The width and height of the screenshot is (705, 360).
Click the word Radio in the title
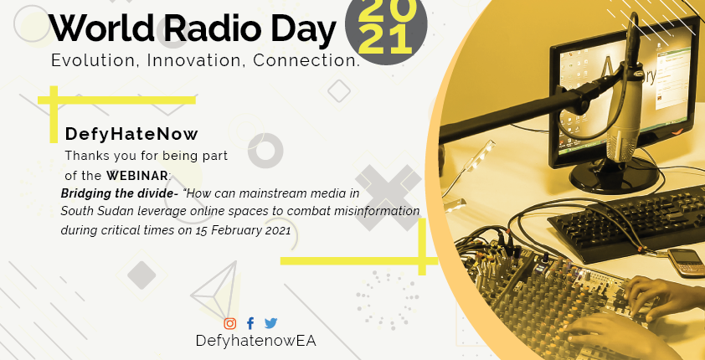coord(212,28)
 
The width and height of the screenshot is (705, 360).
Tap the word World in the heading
coord(101,28)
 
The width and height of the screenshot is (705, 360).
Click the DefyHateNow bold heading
coord(131,134)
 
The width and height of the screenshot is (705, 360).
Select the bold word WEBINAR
coord(137,175)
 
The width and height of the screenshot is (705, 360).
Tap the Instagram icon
coord(229,323)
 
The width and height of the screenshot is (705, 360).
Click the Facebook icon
coord(250,323)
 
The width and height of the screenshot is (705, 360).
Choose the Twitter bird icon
coord(270,323)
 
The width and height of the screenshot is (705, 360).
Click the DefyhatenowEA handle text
coord(256,341)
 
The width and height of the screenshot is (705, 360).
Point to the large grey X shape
coord(388,198)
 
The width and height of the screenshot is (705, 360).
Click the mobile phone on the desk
coord(686,263)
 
